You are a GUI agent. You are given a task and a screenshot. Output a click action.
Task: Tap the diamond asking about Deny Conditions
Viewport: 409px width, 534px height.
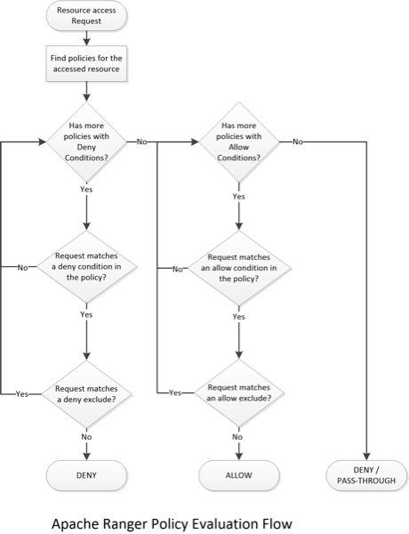[86, 142]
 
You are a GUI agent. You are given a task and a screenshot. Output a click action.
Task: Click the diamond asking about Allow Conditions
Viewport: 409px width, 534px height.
[238, 142]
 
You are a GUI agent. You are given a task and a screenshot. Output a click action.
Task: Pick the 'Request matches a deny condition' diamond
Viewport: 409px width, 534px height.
[86, 267]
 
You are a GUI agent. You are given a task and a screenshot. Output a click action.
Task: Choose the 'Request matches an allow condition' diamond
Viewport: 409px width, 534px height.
[238, 267]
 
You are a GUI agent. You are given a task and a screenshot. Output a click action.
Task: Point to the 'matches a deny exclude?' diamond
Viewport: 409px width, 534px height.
[86, 393]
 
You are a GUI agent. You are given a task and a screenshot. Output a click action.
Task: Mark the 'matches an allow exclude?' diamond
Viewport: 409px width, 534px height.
[238, 393]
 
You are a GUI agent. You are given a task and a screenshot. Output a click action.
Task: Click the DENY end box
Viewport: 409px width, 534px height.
[86, 475]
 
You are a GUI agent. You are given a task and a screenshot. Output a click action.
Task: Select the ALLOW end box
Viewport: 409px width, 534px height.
[238, 475]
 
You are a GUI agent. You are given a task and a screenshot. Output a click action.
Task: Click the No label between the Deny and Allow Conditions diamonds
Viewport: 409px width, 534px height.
[143, 142]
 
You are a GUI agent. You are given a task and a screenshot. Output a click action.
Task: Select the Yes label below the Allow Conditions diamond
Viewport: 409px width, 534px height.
[238, 197]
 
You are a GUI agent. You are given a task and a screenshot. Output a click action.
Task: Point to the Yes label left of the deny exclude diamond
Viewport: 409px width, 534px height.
[22, 393]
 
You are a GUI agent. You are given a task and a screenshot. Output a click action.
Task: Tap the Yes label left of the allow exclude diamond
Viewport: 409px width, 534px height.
[175, 393]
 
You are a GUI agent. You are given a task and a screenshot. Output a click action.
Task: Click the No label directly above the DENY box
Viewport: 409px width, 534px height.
[86, 437]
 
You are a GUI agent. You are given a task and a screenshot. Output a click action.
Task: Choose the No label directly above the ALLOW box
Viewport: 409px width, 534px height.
[238, 437]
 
